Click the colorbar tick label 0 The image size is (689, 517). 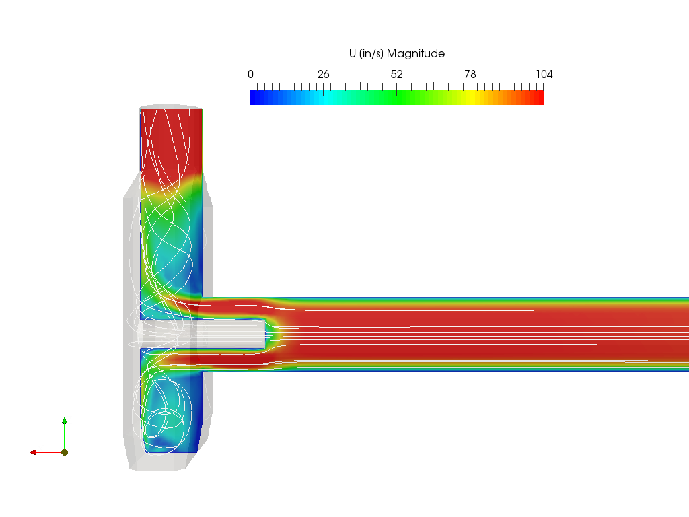tap(250, 74)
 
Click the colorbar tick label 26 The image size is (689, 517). tap(324, 74)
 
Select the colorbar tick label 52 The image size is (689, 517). tap(397, 74)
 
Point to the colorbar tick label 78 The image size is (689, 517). tap(470, 74)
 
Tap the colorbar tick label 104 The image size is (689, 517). tap(544, 74)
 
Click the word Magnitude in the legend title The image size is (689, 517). tap(416, 54)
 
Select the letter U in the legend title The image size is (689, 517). tap(353, 54)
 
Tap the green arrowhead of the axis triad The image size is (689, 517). tap(65, 421)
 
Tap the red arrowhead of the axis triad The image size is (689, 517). tap(33, 452)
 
